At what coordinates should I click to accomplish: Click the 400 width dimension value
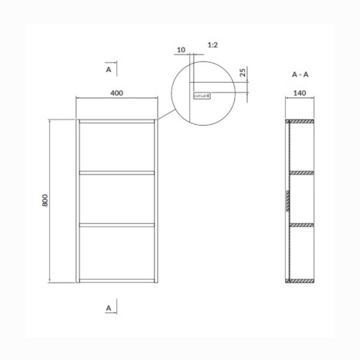point(117,93)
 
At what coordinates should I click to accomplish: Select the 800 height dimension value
point(45,201)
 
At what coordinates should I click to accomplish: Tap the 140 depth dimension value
point(299,93)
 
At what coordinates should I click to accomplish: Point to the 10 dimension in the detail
point(181,51)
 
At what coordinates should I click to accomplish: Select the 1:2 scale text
point(214,46)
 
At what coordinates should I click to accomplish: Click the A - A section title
point(299,74)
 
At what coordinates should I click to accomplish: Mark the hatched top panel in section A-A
point(300,122)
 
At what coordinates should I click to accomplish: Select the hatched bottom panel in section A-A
point(300,280)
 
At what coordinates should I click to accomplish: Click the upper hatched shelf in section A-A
point(300,172)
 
